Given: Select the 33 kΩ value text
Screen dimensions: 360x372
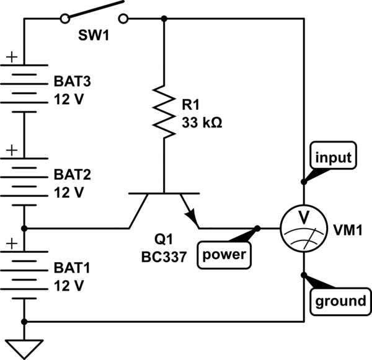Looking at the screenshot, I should tap(202, 122).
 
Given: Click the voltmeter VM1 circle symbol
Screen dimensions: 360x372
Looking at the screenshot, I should tap(303, 228).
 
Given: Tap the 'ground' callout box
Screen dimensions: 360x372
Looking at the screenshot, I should tap(340, 301).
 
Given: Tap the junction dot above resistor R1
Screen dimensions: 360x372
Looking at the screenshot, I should tap(164, 19).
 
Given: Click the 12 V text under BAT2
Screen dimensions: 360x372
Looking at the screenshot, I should tap(69, 192).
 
